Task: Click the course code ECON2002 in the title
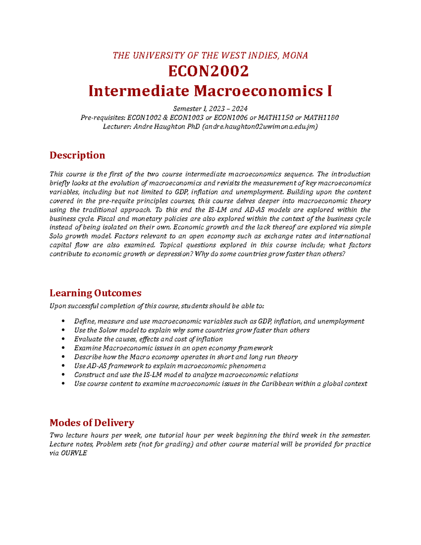click(208, 72)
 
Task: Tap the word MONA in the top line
click(295, 55)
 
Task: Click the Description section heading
click(77, 155)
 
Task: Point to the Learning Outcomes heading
click(95, 293)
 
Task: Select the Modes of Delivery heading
click(92, 423)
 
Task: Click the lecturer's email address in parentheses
click(260, 127)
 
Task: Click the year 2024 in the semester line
click(240, 109)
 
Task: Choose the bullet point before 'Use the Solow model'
click(63, 330)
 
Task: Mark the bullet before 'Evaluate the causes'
click(63, 339)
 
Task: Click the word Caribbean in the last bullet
click(277, 384)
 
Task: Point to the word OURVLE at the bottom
click(74, 453)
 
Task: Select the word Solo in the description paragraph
click(56, 236)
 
